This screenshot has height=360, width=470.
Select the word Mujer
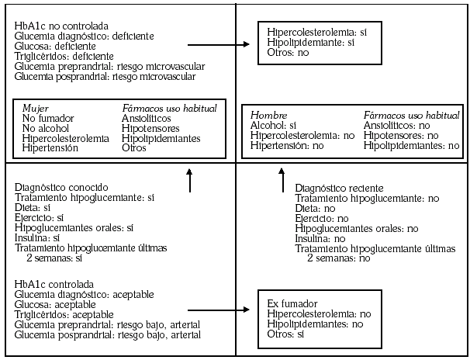tap(35, 108)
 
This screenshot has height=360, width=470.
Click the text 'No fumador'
tap(48, 118)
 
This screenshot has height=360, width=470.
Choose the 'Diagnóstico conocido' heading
tap(61, 188)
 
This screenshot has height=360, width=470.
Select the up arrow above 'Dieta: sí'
tap(188, 179)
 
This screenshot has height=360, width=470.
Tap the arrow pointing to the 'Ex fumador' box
tap(219, 309)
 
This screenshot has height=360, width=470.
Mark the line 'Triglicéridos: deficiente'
tap(64, 57)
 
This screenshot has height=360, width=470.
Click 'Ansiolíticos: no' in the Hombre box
tap(396, 125)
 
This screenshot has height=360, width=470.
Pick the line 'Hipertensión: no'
tap(286, 145)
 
